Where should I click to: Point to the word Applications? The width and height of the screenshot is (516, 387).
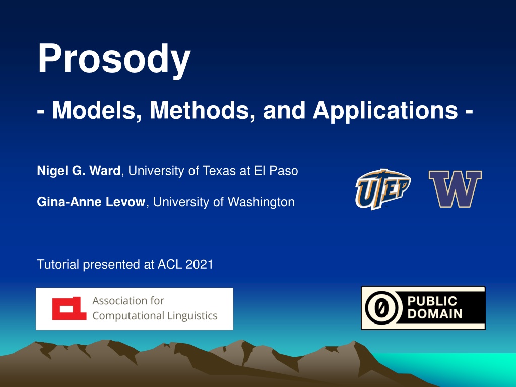385,111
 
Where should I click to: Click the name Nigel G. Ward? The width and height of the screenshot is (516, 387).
79,171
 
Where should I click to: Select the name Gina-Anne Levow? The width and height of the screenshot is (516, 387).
91,202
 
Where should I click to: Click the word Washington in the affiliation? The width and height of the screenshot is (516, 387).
261,202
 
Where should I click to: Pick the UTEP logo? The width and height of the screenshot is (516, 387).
383,189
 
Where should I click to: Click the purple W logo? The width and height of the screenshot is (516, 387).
455,189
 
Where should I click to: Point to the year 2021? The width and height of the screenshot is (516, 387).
199,264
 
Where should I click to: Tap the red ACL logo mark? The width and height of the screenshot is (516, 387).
70,308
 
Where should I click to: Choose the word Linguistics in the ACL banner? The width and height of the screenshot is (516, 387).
192,316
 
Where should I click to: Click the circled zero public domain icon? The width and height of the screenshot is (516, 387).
382,308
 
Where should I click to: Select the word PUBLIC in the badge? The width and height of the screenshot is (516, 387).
432,301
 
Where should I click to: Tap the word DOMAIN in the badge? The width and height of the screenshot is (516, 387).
435,314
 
